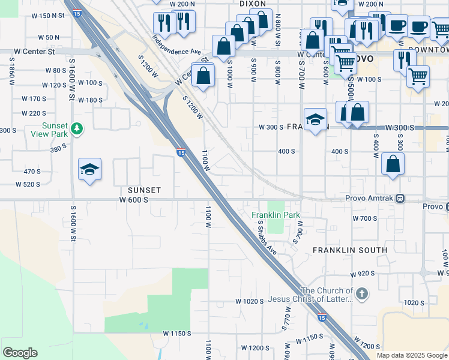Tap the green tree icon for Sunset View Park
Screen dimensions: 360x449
pos(76,128)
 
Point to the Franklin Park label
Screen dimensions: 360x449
pos(276,215)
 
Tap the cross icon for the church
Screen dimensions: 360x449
pos(361,294)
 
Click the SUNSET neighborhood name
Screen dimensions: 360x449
pos(143,190)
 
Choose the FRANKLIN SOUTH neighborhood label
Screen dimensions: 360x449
pos(350,250)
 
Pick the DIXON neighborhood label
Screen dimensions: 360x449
pos(252,4)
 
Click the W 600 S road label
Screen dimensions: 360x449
pos(133,200)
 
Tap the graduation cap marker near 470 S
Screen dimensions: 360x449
pos(89,170)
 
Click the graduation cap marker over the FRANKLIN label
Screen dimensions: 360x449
pos(315,119)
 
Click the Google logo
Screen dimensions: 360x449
pos(20,353)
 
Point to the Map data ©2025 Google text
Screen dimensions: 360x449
pos(411,355)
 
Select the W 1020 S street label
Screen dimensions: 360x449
pos(250,301)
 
